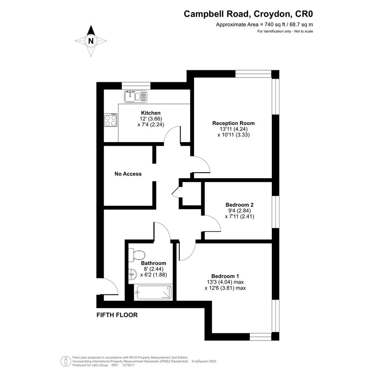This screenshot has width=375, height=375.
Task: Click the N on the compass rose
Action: coord(91,41)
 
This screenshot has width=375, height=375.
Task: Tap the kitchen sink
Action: coord(135,96)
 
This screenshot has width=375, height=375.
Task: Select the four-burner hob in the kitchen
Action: coord(110,120)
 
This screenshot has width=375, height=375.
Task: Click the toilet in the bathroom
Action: coord(137,255)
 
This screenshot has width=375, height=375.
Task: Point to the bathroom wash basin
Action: coord(132,274)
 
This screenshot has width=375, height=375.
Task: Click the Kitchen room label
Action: coord(151,113)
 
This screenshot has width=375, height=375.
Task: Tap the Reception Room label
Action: coord(233,123)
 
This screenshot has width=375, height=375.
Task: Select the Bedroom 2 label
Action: coord(239,205)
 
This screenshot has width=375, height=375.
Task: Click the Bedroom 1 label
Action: coord(225,276)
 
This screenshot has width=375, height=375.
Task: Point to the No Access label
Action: coord(128,174)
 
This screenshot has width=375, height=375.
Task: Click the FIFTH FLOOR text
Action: coord(117,315)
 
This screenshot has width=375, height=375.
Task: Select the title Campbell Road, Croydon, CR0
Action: coord(248,14)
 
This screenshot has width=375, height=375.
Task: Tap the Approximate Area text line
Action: coord(265,24)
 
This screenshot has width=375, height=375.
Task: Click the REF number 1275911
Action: coord(129,365)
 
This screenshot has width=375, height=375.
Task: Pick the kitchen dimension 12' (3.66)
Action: coord(151,119)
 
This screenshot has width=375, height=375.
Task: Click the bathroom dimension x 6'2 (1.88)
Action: coord(154,275)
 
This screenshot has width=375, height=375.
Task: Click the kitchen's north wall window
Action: coord(137,86)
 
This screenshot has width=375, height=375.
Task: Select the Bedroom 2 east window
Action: coord(276,212)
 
